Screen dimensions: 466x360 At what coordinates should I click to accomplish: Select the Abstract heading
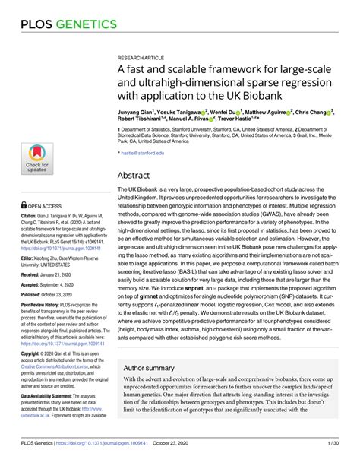[x=137, y=174]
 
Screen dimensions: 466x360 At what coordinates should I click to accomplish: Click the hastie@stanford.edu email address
[x=142, y=153]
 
